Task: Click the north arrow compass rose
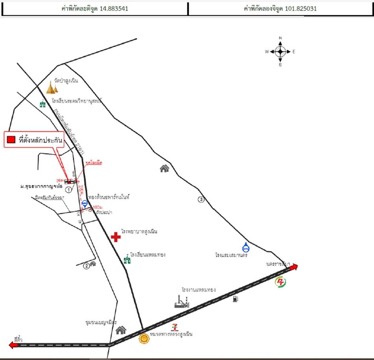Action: point(280,52)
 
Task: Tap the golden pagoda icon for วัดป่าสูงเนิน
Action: point(52,87)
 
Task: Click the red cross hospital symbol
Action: point(116,237)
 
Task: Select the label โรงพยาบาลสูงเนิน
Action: point(139,232)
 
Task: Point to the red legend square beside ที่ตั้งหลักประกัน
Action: point(11,139)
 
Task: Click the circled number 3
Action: point(201,199)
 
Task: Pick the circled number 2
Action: point(87,266)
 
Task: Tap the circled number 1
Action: point(68,189)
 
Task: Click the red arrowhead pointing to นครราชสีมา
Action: point(294,267)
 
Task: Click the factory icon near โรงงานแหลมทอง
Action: point(182,301)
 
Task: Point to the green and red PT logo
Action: point(281,282)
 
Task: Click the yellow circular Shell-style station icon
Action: point(144,338)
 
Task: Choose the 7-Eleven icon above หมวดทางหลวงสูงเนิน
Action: point(174,327)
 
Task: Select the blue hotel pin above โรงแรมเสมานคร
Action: point(246,247)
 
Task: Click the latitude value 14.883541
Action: point(113,8)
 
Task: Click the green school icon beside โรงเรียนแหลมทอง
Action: point(127,259)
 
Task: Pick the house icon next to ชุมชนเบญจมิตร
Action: point(121,330)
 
